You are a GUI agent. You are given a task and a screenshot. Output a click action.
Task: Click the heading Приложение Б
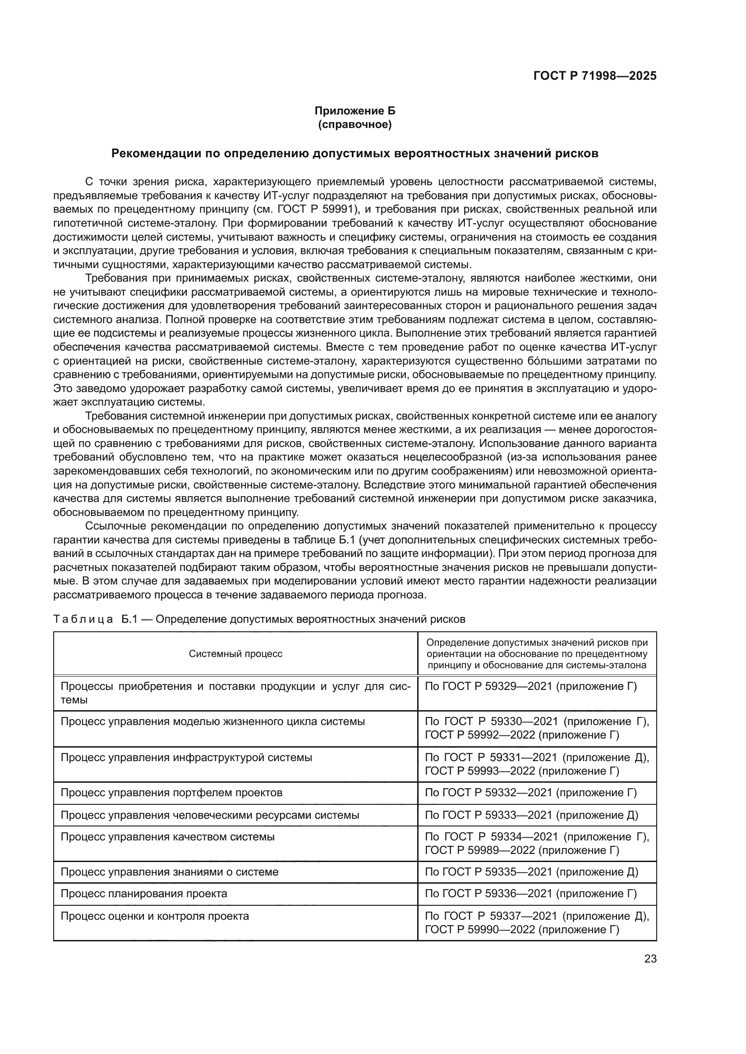tap(355, 111)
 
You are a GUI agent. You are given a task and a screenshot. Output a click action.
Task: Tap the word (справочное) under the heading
tap(355, 124)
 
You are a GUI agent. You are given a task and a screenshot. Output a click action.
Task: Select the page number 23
tap(650, 958)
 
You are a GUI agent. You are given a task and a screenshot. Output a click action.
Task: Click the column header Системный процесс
tap(235, 654)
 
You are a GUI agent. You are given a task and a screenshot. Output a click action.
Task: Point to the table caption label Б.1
tap(129, 619)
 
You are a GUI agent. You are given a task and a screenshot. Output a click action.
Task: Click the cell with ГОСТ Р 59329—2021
tap(530, 686)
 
